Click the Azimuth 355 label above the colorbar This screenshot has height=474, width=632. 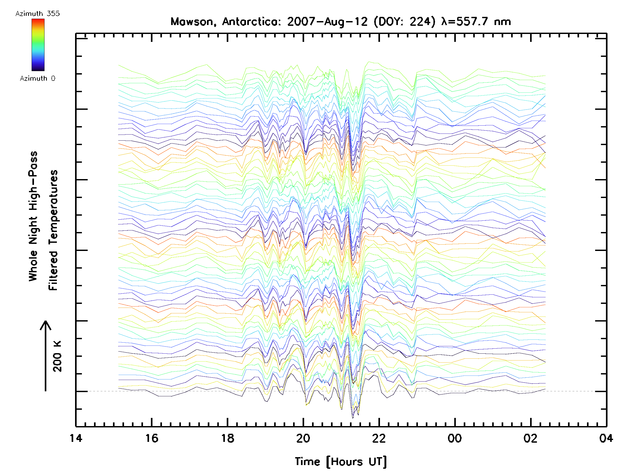pyautogui.click(x=37, y=14)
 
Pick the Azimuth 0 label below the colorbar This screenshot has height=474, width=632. pyautogui.click(x=37, y=78)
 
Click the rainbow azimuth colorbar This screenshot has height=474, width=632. pyautogui.click(x=38, y=45)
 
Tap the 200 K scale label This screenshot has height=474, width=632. pyautogui.click(x=57, y=356)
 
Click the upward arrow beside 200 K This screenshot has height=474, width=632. pyautogui.click(x=46, y=356)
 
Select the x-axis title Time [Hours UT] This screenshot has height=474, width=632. pyautogui.click(x=341, y=461)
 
